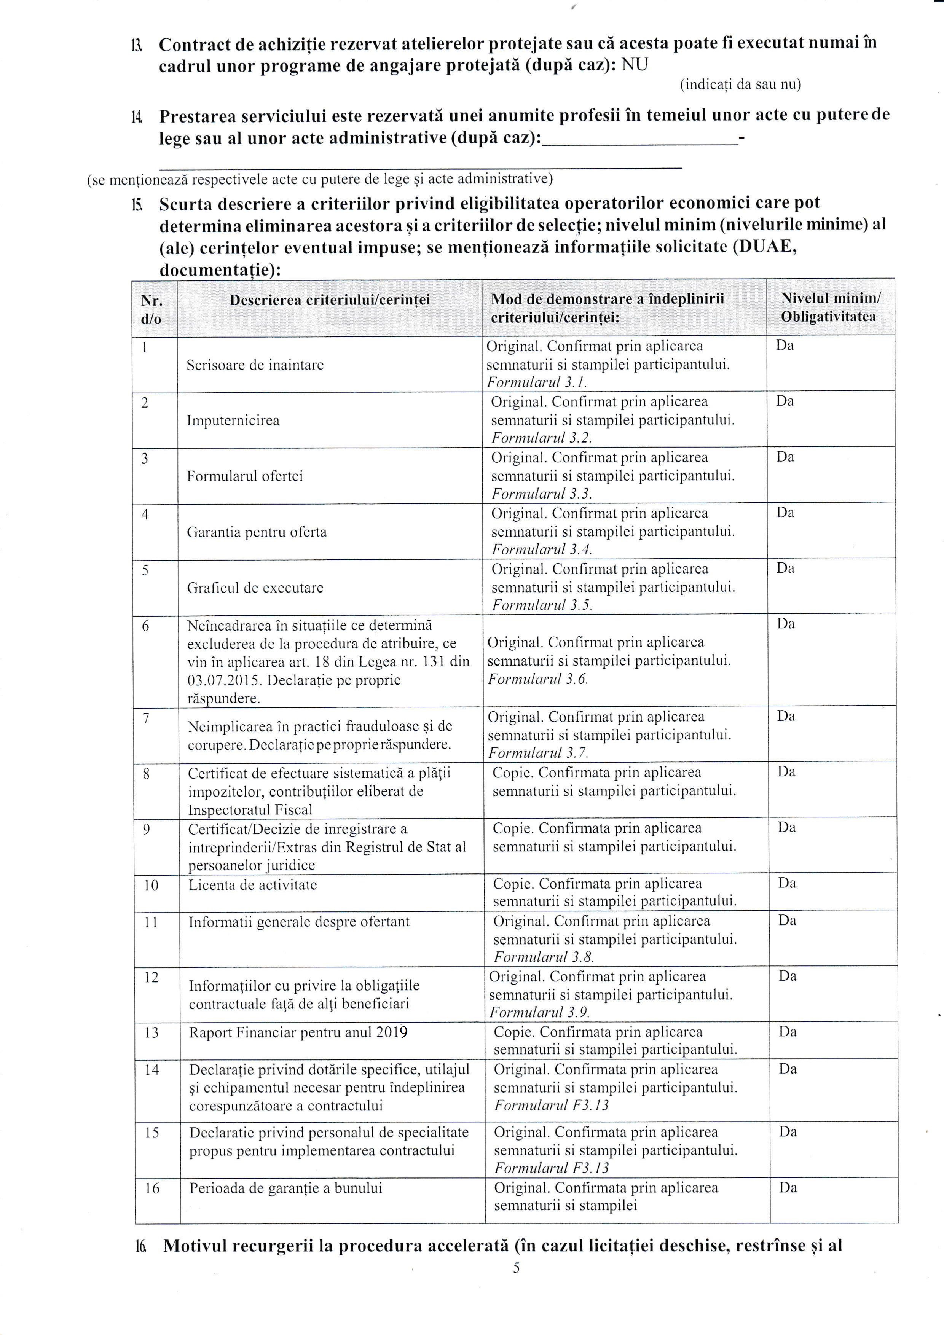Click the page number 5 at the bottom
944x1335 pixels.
[x=516, y=1268]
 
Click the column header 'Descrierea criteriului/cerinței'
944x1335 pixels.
[x=330, y=300]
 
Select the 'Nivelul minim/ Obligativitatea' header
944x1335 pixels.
[x=830, y=307]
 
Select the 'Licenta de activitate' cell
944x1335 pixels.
[x=252, y=885]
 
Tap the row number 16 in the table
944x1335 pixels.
[x=152, y=1188]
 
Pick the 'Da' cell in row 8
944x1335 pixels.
[x=786, y=772]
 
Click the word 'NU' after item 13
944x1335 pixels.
[x=635, y=65]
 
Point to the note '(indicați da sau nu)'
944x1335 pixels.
[x=740, y=85]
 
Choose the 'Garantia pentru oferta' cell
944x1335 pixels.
[x=257, y=532]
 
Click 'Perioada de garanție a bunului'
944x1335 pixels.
[x=285, y=1188]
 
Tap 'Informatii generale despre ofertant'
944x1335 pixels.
[x=299, y=922]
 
